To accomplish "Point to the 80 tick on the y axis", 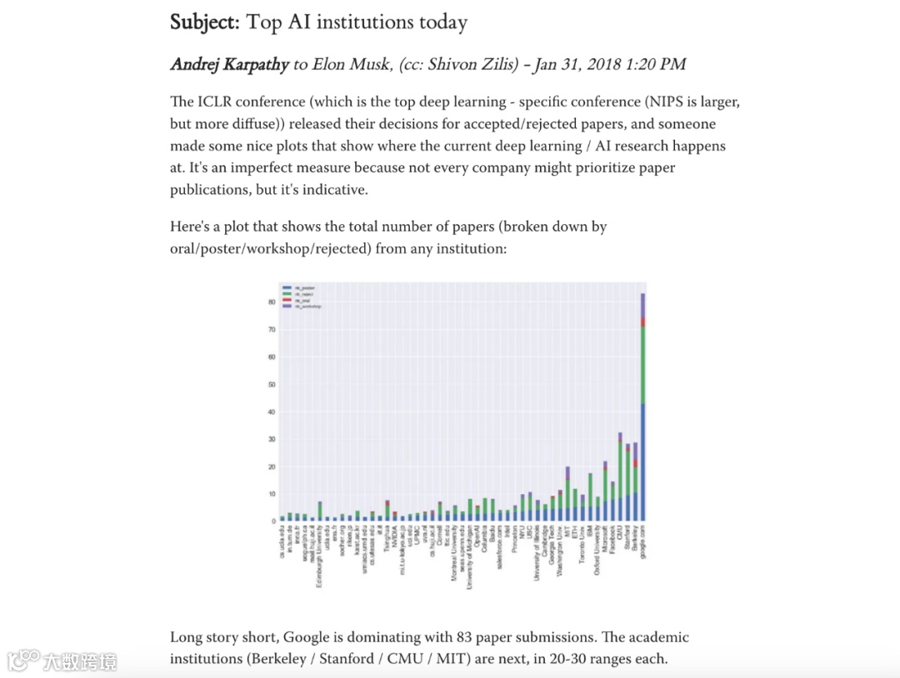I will click(x=271, y=302).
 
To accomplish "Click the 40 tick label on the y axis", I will click(x=271, y=412).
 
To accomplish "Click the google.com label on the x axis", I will click(x=643, y=545).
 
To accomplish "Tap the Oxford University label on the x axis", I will click(x=597, y=555).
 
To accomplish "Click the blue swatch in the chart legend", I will click(x=285, y=287).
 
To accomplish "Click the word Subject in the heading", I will click(x=204, y=22).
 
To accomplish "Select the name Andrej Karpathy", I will click(x=229, y=65).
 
